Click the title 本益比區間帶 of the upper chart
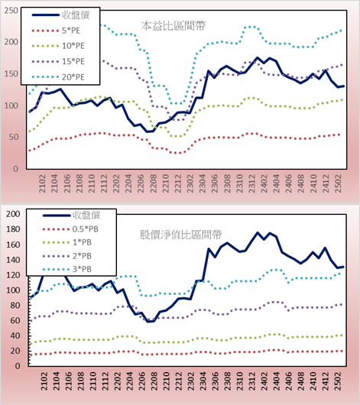(x=174, y=26)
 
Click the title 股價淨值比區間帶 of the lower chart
(x=180, y=235)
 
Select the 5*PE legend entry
(x=56, y=31)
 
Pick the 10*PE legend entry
(x=58, y=46)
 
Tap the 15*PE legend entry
(x=58, y=61)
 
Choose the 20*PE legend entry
(x=58, y=77)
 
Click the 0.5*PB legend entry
(x=70, y=229)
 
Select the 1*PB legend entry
(x=67, y=242)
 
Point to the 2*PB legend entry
(x=67, y=256)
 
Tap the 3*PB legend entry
(x=67, y=269)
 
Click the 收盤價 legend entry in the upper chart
(x=60, y=15)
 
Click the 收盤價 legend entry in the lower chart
(x=71, y=215)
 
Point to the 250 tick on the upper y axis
(x=11, y=11)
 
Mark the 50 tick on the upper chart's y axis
(x=14, y=137)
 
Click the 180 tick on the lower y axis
(x=13, y=229)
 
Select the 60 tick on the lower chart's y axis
(x=15, y=320)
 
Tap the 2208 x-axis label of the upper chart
(x=154, y=183)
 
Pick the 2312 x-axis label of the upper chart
(x=252, y=183)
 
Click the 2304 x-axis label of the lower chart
(x=203, y=381)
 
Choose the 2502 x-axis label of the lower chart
(x=339, y=381)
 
